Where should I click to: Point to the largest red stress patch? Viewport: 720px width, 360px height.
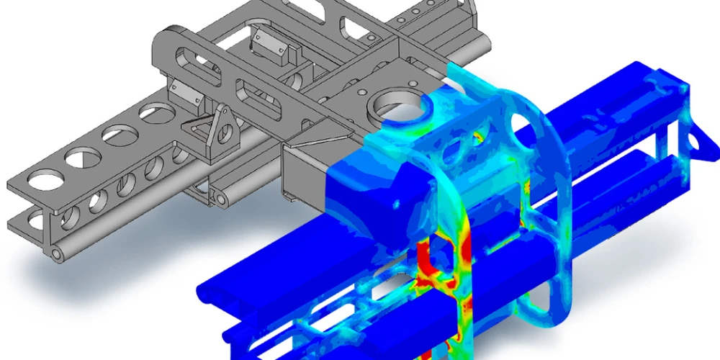(x=430, y=259)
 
